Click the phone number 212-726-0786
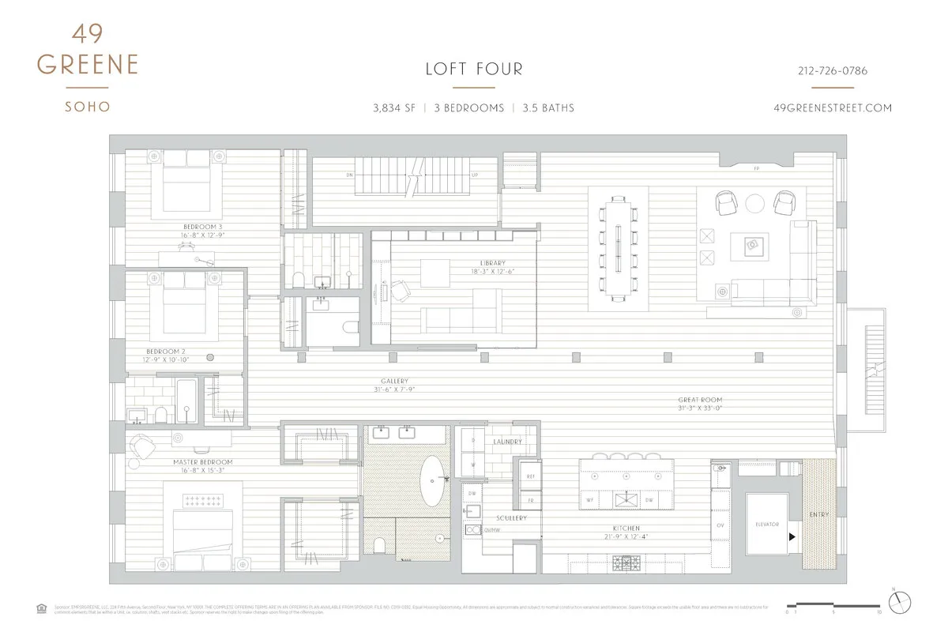point(832,71)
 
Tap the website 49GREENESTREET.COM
point(833,108)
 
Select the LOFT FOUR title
point(474,70)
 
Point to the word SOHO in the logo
point(87,107)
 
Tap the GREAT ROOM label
point(699,401)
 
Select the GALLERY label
point(394,381)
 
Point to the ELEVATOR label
point(766,525)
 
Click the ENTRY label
point(818,515)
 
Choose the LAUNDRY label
point(507,442)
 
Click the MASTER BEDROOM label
point(203,461)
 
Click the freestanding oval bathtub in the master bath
point(432,480)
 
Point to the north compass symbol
point(899,603)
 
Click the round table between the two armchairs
point(754,204)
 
